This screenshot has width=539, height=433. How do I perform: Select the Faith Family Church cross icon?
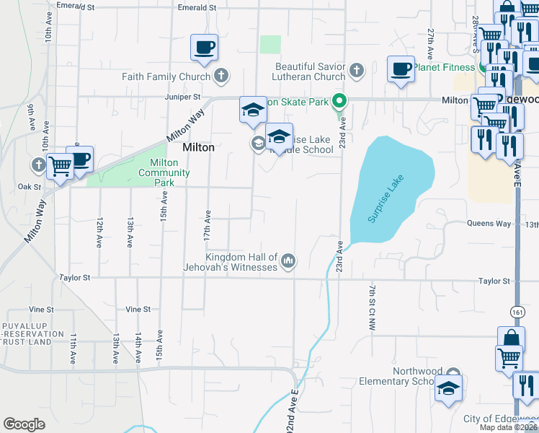pyautogui.click(x=221, y=76)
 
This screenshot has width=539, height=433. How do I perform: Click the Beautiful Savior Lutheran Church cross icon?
pyautogui.click(x=355, y=71)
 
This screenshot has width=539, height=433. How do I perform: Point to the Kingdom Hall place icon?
pyautogui.click(x=288, y=260)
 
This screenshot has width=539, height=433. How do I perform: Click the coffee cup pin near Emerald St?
pyautogui.click(x=204, y=48)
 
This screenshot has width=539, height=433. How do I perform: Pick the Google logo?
pyautogui.click(x=24, y=424)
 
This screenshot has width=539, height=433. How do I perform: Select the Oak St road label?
pyautogui.click(x=30, y=186)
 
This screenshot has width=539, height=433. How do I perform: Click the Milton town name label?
pyautogui.click(x=198, y=147)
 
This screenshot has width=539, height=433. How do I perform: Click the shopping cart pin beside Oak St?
pyautogui.click(x=60, y=167)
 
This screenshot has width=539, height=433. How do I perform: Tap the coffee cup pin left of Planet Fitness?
pyautogui.click(x=401, y=70)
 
